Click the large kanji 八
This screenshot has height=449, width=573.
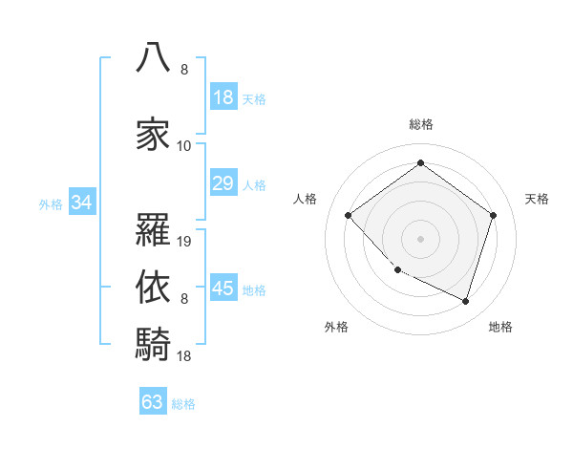point(153,57)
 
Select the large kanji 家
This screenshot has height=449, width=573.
point(153,134)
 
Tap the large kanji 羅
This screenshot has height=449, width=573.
point(153,229)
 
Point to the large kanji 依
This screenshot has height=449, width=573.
point(153,287)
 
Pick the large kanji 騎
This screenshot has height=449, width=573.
point(153,344)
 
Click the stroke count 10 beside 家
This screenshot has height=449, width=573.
point(183,146)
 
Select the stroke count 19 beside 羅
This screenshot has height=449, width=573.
point(183,242)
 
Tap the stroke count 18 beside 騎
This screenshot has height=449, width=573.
point(183,355)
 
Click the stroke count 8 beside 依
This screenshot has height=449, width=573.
point(184,299)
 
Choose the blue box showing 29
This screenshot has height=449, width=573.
point(223,182)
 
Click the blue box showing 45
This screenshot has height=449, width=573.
point(223,287)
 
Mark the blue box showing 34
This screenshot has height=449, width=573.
point(82,202)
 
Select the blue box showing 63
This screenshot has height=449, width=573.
point(153,400)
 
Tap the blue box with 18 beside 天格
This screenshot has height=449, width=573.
point(223,96)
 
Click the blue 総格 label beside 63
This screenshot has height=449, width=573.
point(183,404)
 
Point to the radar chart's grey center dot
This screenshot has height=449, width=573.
point(420,239)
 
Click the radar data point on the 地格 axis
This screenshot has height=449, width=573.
point(465,301)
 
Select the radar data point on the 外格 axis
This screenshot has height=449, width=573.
point(398,269)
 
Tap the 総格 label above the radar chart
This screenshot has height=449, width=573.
point(421,125)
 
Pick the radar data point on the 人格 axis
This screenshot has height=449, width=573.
point(348,215)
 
